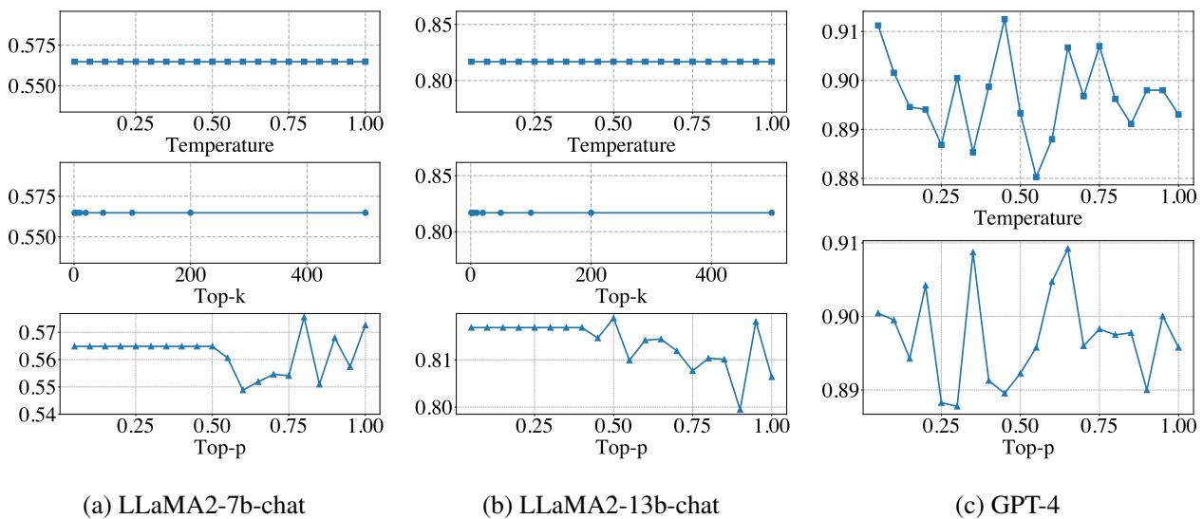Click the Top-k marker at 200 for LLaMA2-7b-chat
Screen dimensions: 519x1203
click(190, 213)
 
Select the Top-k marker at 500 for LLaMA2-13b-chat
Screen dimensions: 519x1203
click(771, 213)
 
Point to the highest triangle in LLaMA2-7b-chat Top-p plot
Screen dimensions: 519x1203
click(304, 317)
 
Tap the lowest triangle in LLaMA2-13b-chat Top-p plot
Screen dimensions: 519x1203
click(740, 409)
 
